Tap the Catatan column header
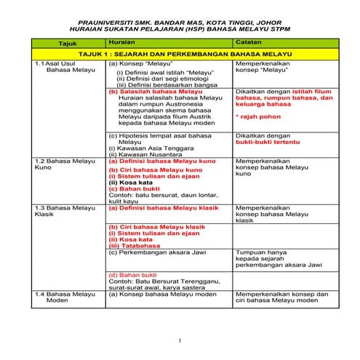coord(248,43)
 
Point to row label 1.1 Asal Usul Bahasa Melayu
coord(57,68)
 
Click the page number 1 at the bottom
coord(180,340)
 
